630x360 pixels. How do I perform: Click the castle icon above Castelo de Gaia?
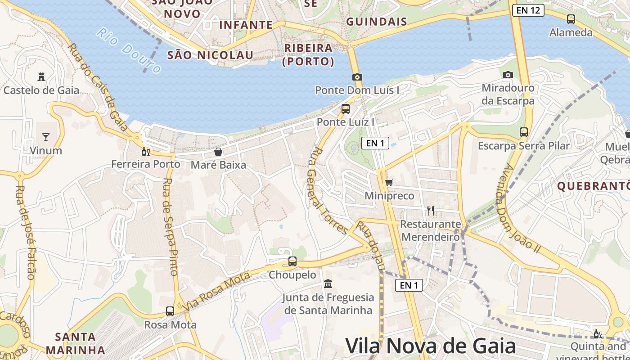coord(41,76)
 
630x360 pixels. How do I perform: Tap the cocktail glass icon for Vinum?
coord(45,137)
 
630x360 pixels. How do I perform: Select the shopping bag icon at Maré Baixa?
coord(218,152)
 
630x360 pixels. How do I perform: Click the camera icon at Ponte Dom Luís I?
coord(357,77)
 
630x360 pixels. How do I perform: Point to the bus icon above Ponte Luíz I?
coord(346,108)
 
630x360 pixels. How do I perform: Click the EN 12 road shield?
coord(528,10)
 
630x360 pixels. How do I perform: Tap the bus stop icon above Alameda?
coord(571,19)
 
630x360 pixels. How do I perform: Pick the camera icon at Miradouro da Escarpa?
coord(508,75)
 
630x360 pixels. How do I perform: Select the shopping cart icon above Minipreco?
coord(389,182)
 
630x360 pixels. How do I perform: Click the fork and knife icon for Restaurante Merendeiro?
coord(431,210)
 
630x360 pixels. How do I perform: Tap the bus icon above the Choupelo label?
coord(292,261)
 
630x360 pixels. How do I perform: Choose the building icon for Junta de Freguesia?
coord(328,284)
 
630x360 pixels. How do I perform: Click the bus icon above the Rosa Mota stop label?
coord(170,311)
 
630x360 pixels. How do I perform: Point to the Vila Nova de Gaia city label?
coord(430,346)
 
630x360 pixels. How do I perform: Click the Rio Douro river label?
coord(129,50)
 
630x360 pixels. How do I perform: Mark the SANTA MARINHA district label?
coord(75,343)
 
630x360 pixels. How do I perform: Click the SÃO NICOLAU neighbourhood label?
coord(210,55)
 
